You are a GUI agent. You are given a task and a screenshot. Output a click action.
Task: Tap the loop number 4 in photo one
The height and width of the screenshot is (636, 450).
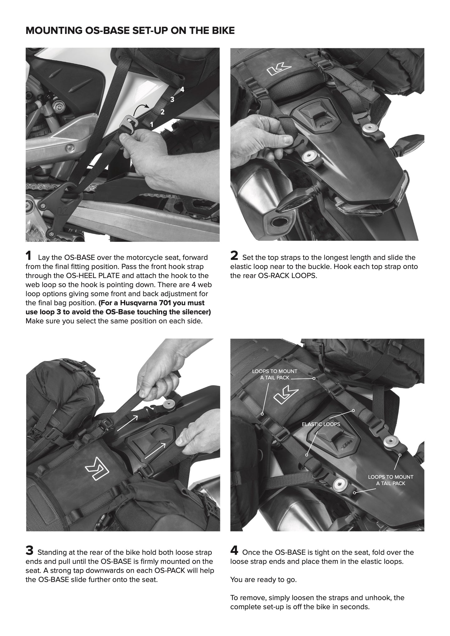click(182, 90)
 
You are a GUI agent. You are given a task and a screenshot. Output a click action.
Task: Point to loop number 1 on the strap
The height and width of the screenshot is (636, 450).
click(152, 124)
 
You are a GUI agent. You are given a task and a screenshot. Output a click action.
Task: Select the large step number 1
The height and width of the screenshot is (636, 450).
click(28, 256)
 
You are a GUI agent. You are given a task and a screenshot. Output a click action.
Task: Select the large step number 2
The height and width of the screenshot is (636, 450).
click(234, 256)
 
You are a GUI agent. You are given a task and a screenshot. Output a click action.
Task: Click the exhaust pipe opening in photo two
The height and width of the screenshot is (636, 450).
click(279, 222)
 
